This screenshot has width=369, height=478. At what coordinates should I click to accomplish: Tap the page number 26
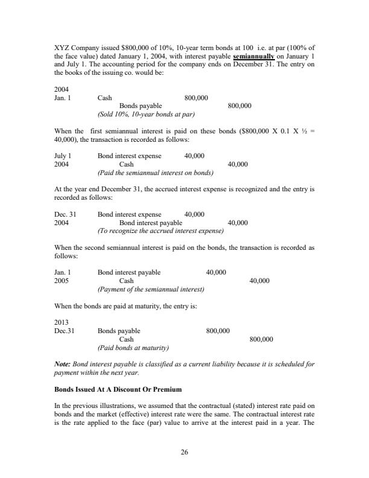(x=184, y=453)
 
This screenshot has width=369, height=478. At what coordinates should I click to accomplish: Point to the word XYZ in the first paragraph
(x=62, y=49)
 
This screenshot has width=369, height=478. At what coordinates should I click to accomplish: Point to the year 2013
(x=61, y=322)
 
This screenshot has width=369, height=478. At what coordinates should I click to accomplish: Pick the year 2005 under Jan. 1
(x=61, y=281)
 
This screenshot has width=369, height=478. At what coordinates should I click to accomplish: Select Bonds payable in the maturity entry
(x=119, y=331)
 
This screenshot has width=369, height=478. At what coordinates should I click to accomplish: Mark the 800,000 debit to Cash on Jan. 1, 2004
(x=196, y=97)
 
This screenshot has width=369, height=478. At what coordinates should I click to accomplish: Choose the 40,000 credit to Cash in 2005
(x=259, y=281)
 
